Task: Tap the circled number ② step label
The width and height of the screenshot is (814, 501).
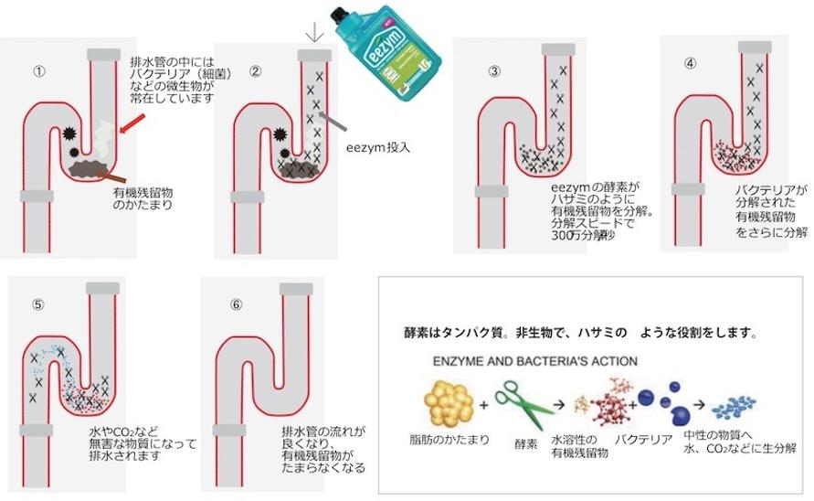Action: pyautogui.click(x=256, y=69)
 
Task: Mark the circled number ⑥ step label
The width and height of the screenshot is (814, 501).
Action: pyautogui.click(x=236, y=305)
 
